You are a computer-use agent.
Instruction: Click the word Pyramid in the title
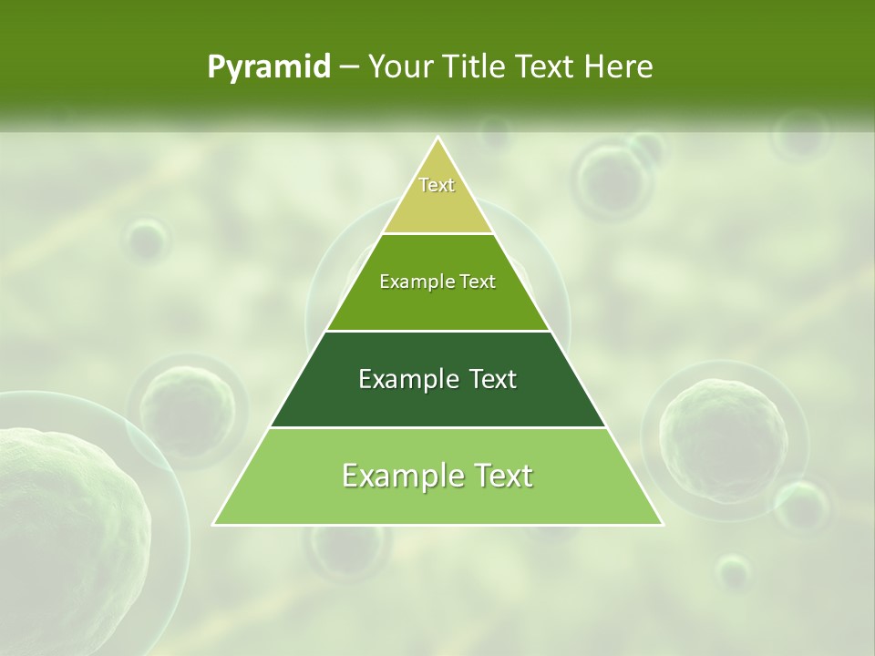pyautogui.click(x=269, y=67)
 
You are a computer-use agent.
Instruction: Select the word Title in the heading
pyautogui.click(x=478, y=67)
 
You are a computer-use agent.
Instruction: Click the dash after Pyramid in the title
pyautogui.click(x=349, y=67)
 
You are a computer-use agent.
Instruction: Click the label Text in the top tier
pyautogui.click(x=437, y=185)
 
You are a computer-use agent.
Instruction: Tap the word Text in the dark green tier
pyautogui.click(x=493, y=379)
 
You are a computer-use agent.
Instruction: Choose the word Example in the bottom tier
pyautogui.click(x=398, y=476)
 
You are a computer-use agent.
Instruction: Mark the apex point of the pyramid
pyautogui.click(x=437, y=138)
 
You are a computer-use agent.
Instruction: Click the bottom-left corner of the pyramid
pyautogui.click(x=214, y=524)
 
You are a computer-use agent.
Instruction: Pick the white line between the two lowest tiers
pyautogui.click(x=437, y=427)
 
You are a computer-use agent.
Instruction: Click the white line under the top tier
pyautogui.click(x=437, y=233)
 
